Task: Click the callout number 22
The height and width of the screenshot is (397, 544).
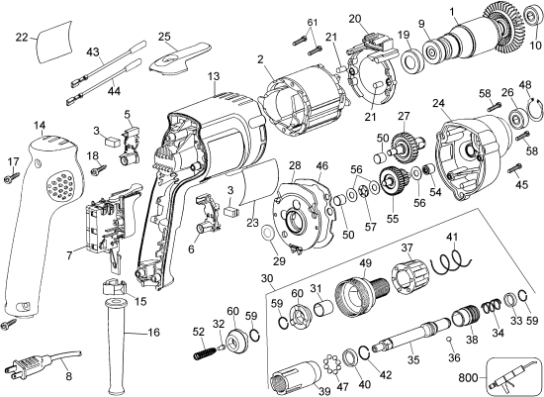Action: (22, 38)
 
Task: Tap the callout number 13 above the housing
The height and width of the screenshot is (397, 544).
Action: (213, 76)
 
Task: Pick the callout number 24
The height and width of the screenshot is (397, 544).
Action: (437, 101)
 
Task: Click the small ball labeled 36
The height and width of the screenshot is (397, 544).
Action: (451, 343)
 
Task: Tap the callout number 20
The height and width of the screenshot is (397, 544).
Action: (355, 18)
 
